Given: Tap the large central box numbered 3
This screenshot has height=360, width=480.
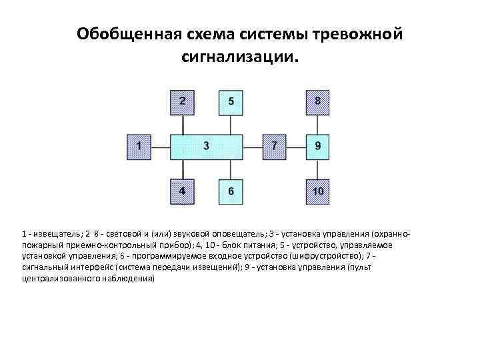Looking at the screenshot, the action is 206,145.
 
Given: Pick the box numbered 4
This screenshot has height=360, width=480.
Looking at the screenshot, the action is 183,191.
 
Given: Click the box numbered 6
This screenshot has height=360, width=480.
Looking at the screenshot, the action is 231,191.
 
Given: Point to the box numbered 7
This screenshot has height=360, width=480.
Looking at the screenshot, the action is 275,145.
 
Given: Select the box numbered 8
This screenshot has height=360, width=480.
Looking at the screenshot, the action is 317,101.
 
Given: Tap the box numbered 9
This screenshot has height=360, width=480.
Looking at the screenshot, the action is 317,145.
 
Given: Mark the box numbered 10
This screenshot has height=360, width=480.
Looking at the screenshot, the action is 317,191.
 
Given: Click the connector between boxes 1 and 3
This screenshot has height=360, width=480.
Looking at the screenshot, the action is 161,145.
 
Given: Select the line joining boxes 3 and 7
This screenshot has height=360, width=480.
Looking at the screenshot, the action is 252,145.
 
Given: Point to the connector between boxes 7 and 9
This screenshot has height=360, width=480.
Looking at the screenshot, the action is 296,145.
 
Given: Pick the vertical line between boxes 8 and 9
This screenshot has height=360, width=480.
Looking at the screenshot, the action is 317,123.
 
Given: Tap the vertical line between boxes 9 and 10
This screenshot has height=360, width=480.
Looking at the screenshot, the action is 317,168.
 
